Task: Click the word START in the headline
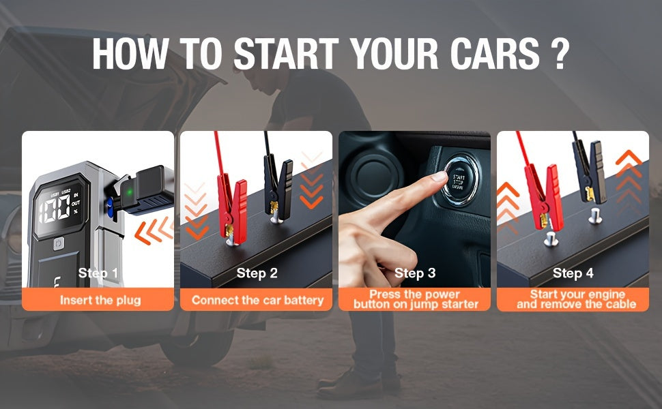[286, 54]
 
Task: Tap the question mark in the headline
[560, 54]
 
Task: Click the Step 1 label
[98, 273]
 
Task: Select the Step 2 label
[257, 273]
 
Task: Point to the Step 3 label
[415, 273]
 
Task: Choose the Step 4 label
[573, 273]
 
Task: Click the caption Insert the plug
[100, 300]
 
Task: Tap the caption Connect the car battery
[257, 300]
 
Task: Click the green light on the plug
[130, 193]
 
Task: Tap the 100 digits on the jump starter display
[55, 209]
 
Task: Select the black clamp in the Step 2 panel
[278, 187]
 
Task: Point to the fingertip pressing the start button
[440, 177]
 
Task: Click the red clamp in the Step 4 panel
[543, 197]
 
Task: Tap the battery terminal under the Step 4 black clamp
[595, 215]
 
